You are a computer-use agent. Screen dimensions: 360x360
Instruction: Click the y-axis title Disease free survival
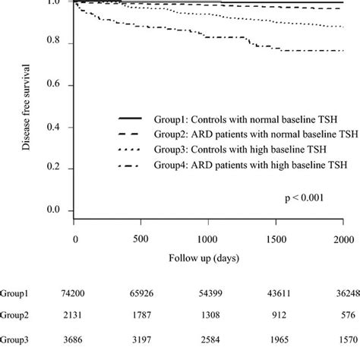pyautogui.click(x=27, y=106)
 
